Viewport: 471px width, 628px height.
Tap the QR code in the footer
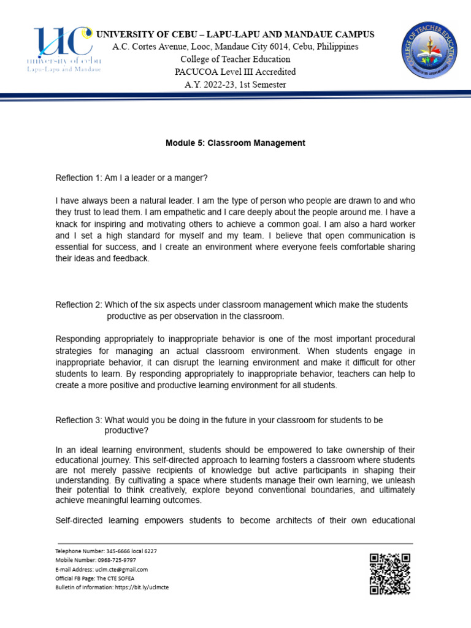(389, 573)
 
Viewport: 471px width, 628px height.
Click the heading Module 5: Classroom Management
(235, 143)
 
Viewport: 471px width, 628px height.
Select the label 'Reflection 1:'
(79, 178)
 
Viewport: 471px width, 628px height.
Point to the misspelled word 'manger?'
(194, 178)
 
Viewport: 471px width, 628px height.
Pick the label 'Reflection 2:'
(79, 305)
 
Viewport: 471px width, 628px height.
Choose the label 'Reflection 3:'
(79, 420)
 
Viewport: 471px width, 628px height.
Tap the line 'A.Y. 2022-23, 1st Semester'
(235, 85)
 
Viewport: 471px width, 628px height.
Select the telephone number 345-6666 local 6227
(127, 551)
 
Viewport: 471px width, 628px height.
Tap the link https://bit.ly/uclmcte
(142, 587)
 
